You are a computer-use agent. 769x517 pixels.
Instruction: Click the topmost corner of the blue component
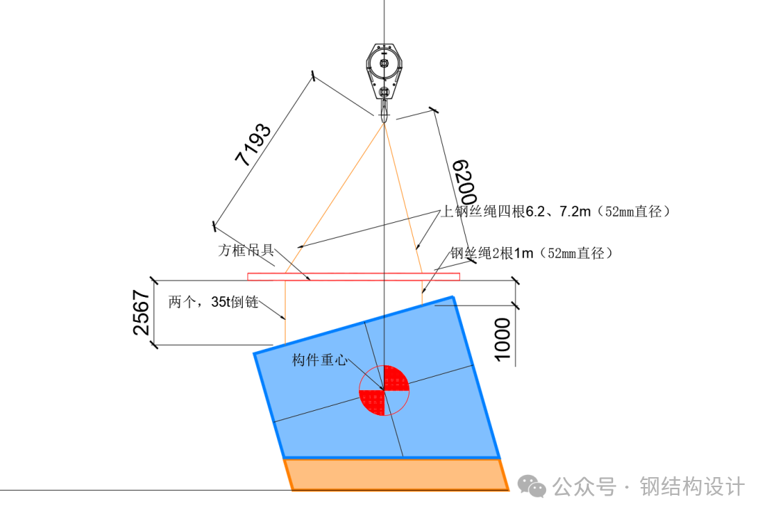click(453, 296)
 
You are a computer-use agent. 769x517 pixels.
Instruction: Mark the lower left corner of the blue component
click(284, 458)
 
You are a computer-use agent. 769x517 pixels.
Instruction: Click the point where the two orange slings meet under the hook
click(384, 122)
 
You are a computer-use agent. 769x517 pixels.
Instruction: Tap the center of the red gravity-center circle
click(384, 390)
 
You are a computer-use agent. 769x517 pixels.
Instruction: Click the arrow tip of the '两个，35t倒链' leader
click(285, 319)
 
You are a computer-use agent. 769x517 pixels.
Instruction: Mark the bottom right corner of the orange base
click(508, 489)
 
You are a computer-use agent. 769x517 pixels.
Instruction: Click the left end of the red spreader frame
click(248, 276)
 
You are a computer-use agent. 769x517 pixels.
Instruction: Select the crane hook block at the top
click(384, 82)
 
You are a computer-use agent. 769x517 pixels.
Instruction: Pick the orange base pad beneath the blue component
click(397, 474)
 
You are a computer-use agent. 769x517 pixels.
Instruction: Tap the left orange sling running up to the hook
click(335, 198)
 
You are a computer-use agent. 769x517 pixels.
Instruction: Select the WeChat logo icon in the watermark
click(532, 486)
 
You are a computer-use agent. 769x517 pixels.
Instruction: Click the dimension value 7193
click(253, 145)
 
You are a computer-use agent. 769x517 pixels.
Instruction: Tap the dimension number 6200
click(464, 182)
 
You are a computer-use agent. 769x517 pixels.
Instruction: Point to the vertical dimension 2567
click(141, 313)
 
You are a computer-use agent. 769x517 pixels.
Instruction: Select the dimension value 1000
click(502, 340)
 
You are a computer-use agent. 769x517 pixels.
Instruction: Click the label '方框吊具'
click(246, 250)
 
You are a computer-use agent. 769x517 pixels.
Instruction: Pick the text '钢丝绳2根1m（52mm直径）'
click(532, 253)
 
